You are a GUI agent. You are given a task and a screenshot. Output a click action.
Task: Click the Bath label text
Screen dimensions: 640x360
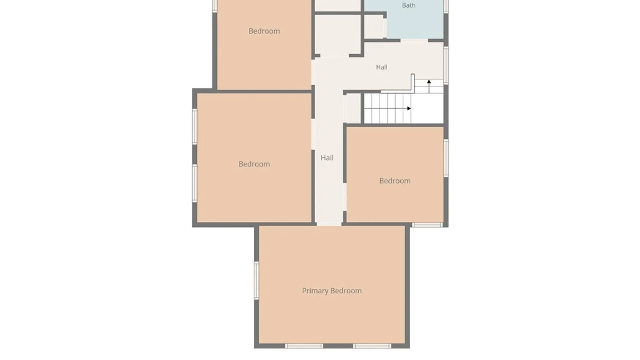coord(408,5)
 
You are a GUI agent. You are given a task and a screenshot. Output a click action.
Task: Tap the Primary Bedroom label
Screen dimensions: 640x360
coord(332,291)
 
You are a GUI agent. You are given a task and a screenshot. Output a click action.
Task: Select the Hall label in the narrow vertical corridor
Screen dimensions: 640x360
coord(327,158)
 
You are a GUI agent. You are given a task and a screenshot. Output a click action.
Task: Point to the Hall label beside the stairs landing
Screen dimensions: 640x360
coord(382,67)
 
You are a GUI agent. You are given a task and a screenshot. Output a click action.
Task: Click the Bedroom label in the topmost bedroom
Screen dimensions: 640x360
coord(264,31)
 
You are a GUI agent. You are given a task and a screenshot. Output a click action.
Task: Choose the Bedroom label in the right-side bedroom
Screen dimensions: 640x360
coord(395,181)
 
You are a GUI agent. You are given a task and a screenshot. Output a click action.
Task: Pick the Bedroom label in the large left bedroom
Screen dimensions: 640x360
coord(254,164)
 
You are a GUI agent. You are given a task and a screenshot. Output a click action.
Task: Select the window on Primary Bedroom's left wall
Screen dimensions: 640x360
coord(256,280)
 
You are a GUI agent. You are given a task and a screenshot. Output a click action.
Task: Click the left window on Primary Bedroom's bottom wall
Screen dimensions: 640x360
coord(304,346)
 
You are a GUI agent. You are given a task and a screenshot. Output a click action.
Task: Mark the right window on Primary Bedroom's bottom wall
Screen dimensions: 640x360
coord(372,346)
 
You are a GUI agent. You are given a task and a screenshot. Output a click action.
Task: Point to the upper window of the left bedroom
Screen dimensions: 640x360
coord(195,126)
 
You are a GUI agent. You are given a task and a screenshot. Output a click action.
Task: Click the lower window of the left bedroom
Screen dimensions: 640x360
coord(195,183)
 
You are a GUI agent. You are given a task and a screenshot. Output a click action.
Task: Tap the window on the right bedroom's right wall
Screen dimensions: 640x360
coord(446,158)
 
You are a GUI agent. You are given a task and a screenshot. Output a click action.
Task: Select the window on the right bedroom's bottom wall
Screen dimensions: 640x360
coord(427,225)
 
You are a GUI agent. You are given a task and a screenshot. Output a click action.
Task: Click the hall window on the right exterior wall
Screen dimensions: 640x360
coord(446,65)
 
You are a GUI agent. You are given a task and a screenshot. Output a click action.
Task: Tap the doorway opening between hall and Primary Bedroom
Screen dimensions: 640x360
coord(329,224)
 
